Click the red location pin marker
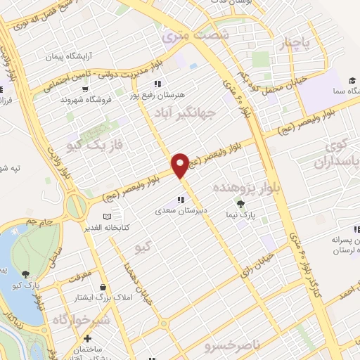(180, 165)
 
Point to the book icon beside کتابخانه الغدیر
(107, 217)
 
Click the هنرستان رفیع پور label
(167, 94)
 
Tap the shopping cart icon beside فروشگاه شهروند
(85, 89)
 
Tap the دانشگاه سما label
(342, 92)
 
